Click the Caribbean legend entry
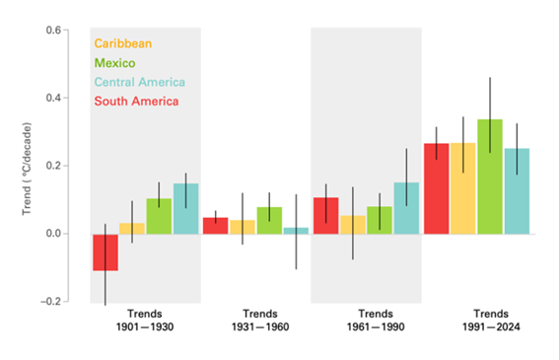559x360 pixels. coord(123,43)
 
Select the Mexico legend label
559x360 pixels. coord(113,62)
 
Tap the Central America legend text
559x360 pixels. coord(138,82)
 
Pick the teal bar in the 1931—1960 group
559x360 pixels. coord(296,231)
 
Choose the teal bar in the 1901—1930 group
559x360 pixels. coord(185,209)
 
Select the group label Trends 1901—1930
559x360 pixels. coord(145,320)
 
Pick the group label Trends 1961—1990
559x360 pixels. coord(366,320)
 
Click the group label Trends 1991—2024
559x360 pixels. coord(476,320)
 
